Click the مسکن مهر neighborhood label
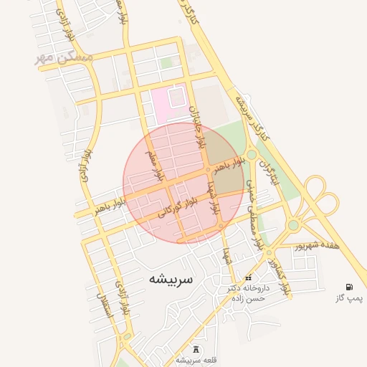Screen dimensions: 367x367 (65, 57)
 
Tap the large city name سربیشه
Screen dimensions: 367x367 (171, 280)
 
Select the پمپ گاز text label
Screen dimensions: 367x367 (350, 297)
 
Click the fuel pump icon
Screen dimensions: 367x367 (349, 287)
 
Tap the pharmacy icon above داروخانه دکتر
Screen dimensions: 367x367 (248, 278)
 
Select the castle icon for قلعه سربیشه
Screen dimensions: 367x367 (196, 347)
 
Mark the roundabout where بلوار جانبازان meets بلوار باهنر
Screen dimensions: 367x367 (208, 170)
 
